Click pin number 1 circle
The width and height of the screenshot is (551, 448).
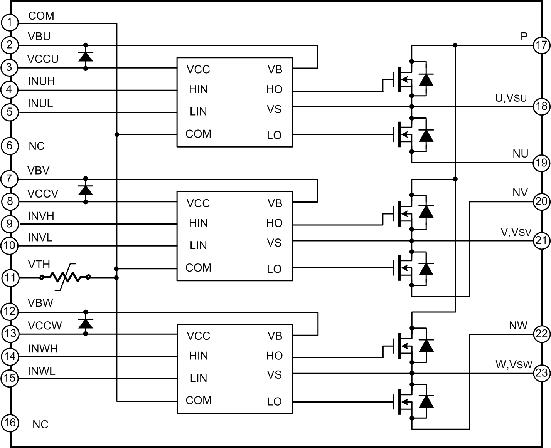[10, 22]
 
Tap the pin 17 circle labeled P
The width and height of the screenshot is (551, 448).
[541, 45]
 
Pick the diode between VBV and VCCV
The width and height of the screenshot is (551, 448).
[85, 190]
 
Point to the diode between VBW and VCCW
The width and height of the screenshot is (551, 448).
[85, 323]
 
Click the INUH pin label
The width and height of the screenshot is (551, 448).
[41, 81]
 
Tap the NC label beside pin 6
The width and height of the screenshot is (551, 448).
[37, 146]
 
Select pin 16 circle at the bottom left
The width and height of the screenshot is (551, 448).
[10, 423]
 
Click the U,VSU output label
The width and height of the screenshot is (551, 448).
[511, 98]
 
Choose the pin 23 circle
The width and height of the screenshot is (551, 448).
[541, 373]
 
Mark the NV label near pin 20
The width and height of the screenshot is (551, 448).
[520, 192]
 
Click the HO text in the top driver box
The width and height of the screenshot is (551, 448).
[274, 89]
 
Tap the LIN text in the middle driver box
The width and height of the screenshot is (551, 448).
[198, 245]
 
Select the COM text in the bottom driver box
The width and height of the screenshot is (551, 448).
[198, 400]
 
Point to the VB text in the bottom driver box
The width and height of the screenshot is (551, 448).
[275, 336]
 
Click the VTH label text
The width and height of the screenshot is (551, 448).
[39, 265]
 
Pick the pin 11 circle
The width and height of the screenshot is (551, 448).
[10, 278]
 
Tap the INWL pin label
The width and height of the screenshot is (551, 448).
[42, 371]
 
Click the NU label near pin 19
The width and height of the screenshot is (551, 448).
[520, 154]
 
